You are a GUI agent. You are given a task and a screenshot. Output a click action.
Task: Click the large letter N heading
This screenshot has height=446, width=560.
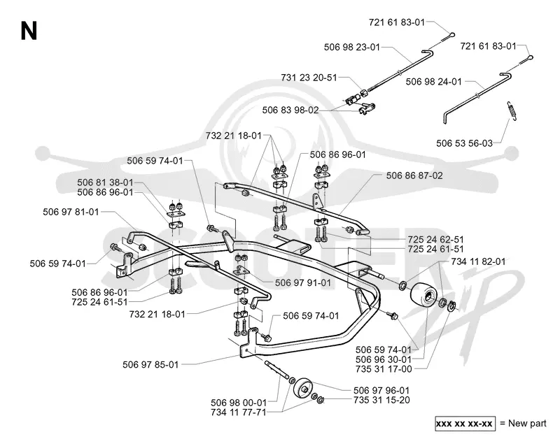[29, 31]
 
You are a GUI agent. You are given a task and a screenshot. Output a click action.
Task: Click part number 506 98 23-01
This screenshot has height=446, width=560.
[352, 47]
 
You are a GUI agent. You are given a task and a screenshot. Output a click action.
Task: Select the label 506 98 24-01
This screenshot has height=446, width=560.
[433, 82]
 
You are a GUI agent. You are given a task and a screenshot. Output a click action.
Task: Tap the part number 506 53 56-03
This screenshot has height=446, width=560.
[464, 143]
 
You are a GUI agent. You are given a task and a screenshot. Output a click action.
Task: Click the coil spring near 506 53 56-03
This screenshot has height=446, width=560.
[512, 111]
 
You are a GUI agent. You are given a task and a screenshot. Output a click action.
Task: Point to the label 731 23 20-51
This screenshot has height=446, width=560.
[309, 78]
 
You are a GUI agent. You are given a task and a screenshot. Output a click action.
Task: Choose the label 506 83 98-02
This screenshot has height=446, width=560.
[290, 110]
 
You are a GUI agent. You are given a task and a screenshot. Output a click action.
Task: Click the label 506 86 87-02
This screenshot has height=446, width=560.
[414, 175]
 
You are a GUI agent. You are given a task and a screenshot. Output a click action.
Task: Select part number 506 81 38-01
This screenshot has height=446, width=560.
[105, 182]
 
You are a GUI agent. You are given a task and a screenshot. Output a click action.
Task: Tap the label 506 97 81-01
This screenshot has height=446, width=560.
[71, 212]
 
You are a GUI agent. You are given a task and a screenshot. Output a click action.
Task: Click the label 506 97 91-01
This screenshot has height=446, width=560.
[303, 282]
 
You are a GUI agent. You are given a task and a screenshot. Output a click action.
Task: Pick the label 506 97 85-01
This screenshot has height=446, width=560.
[150, 365]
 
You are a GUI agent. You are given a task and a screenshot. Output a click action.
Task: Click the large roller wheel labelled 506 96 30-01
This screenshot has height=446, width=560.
[424, 296]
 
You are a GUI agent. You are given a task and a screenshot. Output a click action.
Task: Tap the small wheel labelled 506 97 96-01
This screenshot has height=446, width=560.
[303, 387]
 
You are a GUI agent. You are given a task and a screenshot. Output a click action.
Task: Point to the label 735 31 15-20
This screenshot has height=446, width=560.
[381, 400]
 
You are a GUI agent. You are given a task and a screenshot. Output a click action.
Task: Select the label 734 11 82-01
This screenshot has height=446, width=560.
[478, 261]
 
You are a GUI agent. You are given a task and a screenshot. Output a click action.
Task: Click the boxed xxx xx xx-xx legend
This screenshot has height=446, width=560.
[465, 424]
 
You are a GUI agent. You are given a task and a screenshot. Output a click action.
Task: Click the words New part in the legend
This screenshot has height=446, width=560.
[527, 424]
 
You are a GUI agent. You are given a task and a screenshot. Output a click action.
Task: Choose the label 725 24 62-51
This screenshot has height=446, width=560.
[435, 239]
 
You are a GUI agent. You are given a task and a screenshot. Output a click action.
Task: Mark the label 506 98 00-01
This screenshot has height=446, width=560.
[239, 403]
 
